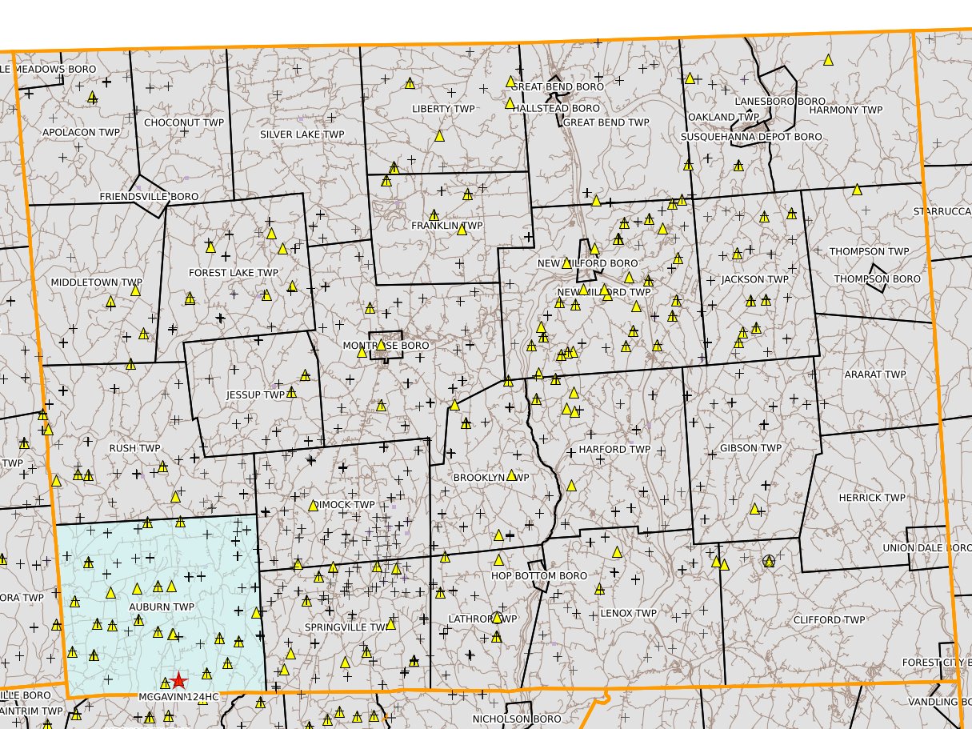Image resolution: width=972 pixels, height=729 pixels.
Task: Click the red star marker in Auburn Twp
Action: [178, 680]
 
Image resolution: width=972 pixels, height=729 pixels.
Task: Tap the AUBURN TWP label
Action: [162, 607]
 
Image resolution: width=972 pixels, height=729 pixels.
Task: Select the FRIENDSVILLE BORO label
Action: [149, 196]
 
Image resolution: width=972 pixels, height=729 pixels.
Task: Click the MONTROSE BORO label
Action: [386, 346]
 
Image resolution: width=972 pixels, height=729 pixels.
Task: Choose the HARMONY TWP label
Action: [846, 110]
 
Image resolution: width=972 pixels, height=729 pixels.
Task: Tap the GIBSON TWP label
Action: [750, 448]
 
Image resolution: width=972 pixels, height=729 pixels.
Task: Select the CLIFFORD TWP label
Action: [829, 620]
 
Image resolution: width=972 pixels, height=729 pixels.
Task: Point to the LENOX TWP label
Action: [628, 614]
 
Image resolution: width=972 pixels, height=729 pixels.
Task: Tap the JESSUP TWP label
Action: [255, 395]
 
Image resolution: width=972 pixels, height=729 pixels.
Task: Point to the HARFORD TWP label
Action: [614, 450]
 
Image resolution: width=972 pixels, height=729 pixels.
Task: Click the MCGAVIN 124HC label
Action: [178, 697]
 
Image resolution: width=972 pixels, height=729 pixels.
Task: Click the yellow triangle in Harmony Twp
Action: [828, 59]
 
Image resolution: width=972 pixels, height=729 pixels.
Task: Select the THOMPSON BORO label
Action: [877, 279]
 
